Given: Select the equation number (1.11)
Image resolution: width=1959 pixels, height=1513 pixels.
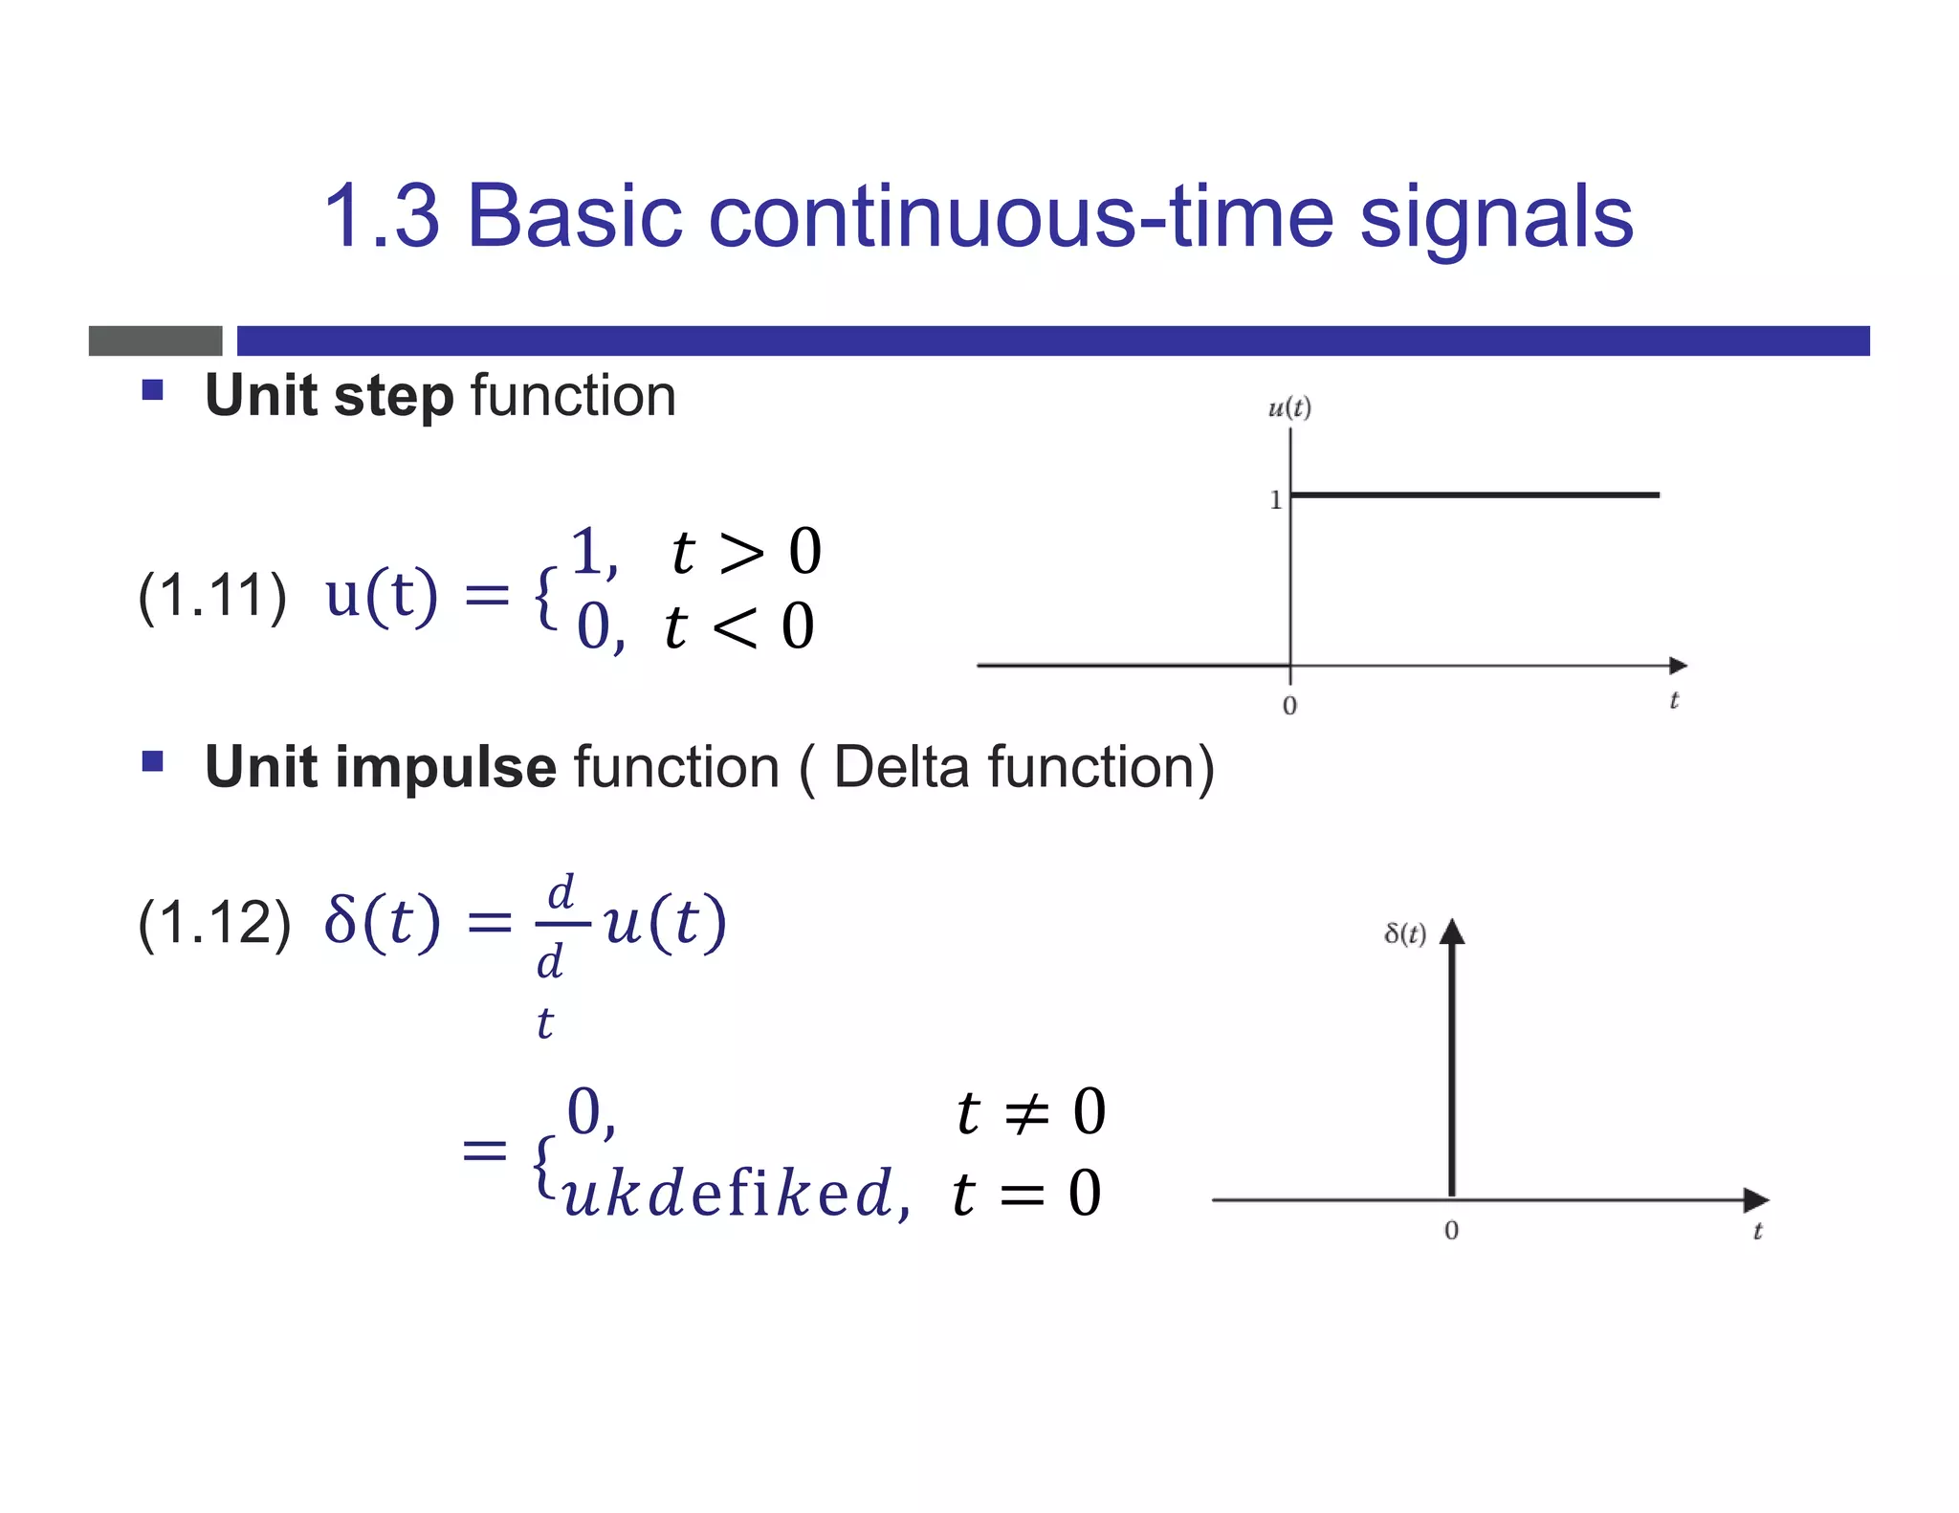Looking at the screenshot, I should point(212,596).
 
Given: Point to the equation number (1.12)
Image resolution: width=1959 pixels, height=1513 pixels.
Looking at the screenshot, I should point(214,923).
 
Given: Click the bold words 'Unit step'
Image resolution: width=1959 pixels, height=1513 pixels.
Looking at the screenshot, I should point(329,396).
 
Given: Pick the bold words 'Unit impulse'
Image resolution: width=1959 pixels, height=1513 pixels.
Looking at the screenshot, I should point(380,767).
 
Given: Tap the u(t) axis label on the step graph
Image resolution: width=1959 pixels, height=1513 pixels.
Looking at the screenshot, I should point(1288,408).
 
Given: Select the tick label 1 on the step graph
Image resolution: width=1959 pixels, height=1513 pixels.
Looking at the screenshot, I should point(1275,499).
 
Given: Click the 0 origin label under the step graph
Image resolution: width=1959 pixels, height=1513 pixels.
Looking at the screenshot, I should point(1289,706).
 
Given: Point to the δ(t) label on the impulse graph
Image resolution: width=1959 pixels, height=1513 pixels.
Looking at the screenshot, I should point(1405,933).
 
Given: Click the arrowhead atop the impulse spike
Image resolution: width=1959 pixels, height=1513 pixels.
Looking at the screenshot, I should point(1452,931).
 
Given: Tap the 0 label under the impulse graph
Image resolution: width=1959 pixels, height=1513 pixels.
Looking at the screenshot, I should point(1451,1230).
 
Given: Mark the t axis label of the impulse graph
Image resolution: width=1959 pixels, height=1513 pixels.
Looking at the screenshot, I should point(1756,1232).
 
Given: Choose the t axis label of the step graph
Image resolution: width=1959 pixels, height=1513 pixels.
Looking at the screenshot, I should point(1674,701).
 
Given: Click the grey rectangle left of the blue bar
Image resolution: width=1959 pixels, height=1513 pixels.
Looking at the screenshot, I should point(155,340).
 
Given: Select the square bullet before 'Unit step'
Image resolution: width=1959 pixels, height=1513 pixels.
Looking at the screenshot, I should point(152,389).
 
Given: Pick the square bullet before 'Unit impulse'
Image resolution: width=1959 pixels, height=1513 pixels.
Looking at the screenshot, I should point(152,761).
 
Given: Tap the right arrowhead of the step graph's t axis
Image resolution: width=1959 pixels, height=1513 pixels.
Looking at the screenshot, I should point(1678,665).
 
